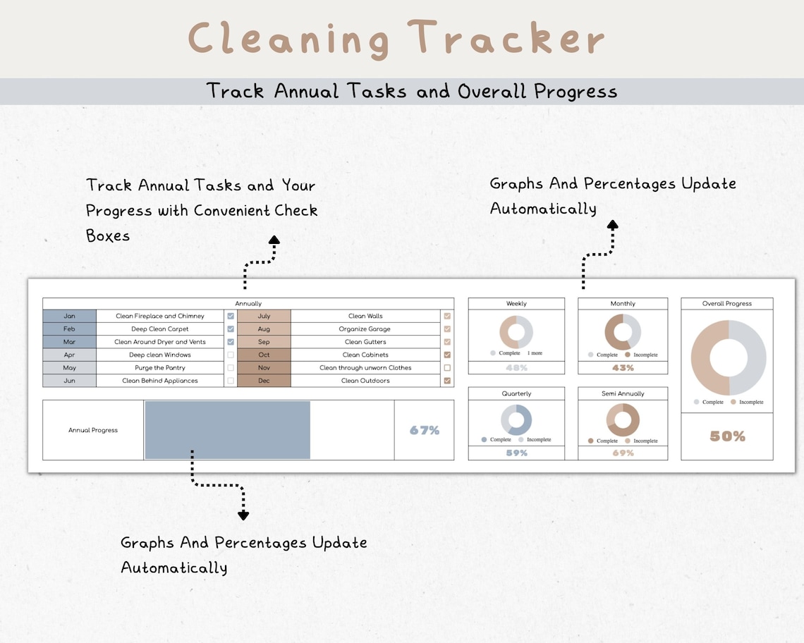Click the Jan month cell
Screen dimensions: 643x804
(x=69, y=316)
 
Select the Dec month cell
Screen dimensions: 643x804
(x=264, y=381)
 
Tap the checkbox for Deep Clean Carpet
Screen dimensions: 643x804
(x=231, y=329)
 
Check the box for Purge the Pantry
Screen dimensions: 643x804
(x=231, y=368)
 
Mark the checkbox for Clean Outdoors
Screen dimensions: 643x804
(x=447, y=381)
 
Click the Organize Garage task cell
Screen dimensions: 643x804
(x=365, y=329)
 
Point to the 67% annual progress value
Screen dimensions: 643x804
(x=425, y=430)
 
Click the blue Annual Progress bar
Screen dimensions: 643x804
(x=227, y=430)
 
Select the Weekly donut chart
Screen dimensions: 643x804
(x=516, y=331)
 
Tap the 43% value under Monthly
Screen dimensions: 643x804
(x=623, y=368)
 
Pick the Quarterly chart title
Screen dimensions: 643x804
(x=516, y=393)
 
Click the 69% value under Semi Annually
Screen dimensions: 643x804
(x=623, y=453)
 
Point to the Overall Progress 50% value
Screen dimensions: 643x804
(x=727, y=436)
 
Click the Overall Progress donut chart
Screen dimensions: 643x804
(x=728, y=358)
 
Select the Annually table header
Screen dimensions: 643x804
(x=248, y=303)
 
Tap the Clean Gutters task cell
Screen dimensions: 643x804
(x=365, y=342)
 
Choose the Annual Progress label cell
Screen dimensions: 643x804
(x=93, y=430)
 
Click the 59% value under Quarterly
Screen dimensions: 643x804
(x=516, y=453)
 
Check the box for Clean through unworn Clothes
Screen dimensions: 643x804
(x=447, y=368)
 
